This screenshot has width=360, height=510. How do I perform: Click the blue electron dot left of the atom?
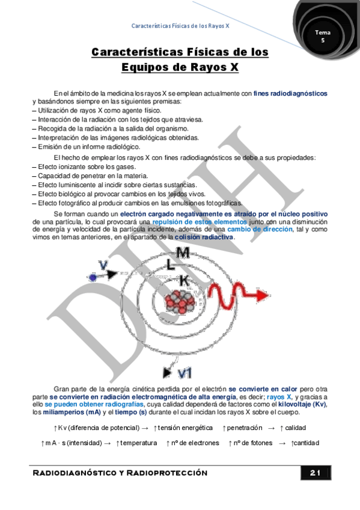93,277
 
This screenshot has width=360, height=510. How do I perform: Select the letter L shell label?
171,265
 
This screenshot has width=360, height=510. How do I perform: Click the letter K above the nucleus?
185,281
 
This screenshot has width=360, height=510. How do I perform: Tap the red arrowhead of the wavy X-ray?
261,296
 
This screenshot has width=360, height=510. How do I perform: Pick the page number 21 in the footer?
316,473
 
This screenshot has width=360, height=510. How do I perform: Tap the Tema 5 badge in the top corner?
323,34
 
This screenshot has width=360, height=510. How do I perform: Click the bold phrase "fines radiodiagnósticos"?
290,93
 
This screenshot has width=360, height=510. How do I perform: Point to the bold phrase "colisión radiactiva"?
204,237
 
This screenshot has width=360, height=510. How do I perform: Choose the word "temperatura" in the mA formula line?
138,443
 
